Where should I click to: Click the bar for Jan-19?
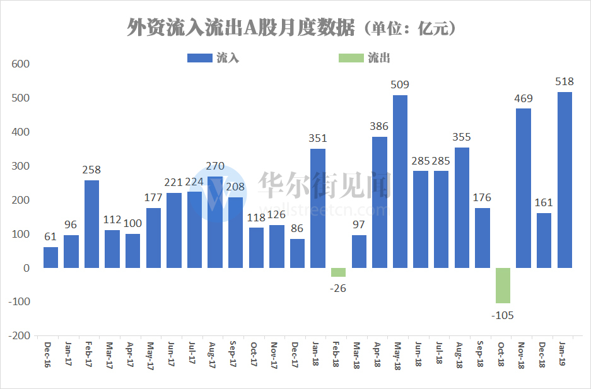[x=565, y=180]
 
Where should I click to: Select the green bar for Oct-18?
[x=503, y=286]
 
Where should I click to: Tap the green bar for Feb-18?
[x=338, y=272]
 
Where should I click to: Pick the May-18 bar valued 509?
[x=400, y=182]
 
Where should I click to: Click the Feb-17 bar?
[x=91, y=224]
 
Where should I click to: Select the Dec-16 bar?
[x=50, y=257]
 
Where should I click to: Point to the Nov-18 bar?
[x=524, y=188]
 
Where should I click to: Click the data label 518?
[x=565, y=82]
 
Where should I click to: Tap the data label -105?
[x=503, y=314]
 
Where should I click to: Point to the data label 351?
[x=318, y=139]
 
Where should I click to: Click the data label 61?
[x=50, y=237]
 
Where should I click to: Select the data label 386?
[x=380, y=126]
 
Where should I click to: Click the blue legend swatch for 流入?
[x=199, y=58]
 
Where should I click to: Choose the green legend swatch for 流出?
[x=351, y=58]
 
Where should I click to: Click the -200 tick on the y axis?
[x=19, y=336]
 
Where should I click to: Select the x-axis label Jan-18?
[x=317, y=354]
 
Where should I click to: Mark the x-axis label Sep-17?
[x=234, y=354]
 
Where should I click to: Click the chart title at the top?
[x=291, y=28]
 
